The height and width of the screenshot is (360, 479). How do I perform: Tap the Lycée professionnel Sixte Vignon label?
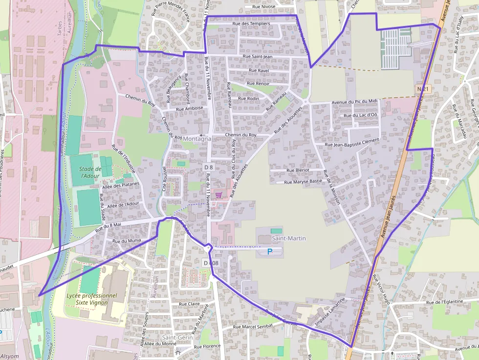92,299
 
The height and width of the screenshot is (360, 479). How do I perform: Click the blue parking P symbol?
269,252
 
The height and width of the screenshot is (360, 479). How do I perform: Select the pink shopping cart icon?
218,194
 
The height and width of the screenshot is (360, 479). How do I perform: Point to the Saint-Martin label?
289,238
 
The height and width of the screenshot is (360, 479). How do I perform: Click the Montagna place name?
197,139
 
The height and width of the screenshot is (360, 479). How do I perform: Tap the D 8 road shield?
208,167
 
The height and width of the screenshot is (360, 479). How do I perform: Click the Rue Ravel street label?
259,70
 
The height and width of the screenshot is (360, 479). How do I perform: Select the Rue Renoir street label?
258,84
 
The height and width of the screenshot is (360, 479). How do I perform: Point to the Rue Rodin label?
248,99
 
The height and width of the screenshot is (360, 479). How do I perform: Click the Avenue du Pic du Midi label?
354,101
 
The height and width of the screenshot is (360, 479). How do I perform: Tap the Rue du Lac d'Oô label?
360,115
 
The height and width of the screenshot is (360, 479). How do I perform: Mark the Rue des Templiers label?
251,23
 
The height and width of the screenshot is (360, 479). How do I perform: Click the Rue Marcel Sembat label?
253,326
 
